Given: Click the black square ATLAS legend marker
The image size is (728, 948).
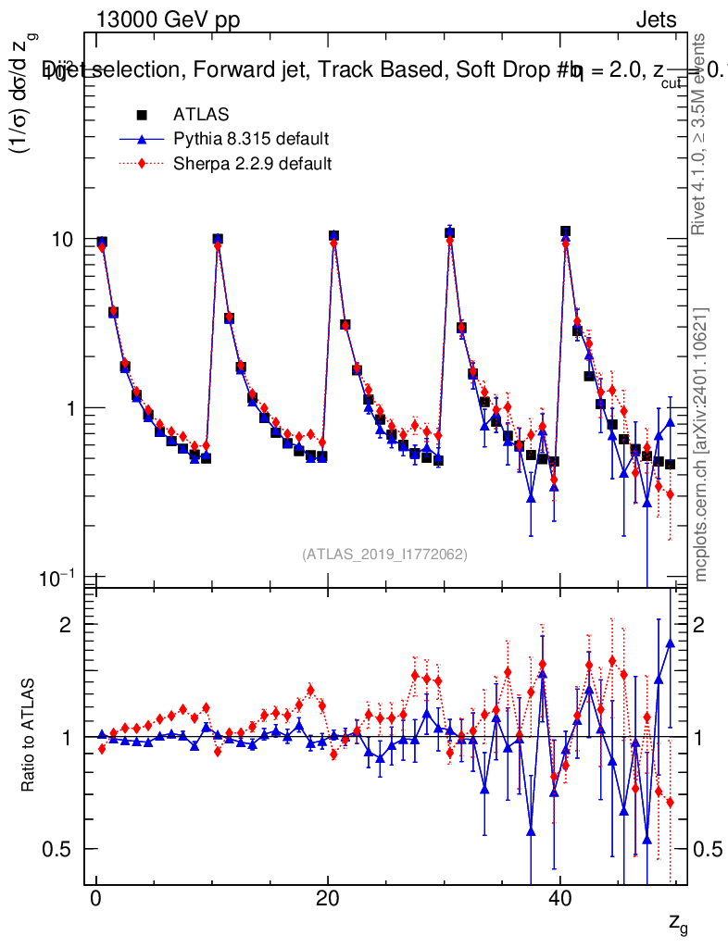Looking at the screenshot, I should point(142,115).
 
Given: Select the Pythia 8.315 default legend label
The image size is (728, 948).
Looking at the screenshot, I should point(251,140).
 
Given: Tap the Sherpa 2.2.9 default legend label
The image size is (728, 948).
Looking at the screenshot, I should point(252,164).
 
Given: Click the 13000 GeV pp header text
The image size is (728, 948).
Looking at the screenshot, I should point(168,20).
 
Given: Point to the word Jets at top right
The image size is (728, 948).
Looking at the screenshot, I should point(656,20).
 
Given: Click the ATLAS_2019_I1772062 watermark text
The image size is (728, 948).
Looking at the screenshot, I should point(384,555).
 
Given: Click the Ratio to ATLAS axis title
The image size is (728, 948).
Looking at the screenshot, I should point(30,736).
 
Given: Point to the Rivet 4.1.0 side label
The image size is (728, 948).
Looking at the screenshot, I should point(702,134).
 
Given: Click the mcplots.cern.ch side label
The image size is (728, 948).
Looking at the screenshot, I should point(702,444).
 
